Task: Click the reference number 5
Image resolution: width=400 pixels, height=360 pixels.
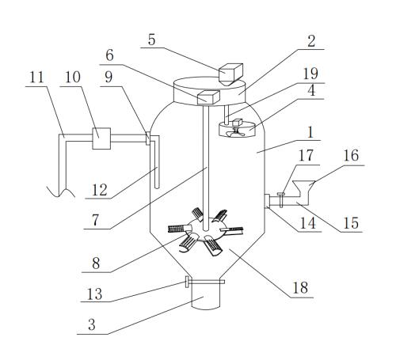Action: (x=151, y=40)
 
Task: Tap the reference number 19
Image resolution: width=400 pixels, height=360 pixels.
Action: (x=310, y=74)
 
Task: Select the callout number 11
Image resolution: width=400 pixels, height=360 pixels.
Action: (x=36, y=78)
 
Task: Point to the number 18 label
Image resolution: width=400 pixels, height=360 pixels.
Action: (x=300, y=288)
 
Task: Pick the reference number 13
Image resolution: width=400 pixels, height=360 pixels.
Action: (x=94, y=294)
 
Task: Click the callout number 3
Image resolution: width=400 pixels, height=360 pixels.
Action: (x=92, y=324)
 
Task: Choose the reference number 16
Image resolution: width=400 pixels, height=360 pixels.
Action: (x=351, y=155)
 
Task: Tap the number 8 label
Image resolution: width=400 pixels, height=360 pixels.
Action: (x=96, y=263)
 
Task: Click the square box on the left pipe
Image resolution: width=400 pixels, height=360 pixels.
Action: (x=101, y=138)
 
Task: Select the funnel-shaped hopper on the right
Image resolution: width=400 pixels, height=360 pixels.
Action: (x=303, y=188)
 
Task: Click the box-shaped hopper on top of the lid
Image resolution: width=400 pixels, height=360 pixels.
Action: (x=230, y=74)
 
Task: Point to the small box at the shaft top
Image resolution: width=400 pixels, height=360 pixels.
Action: (x=208, y=97)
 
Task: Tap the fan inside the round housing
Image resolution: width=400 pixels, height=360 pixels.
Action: (x=236, y=132)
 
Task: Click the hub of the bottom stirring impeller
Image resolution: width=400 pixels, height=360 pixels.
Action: (x=205, y=229)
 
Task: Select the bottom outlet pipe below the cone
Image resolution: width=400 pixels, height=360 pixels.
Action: (x=206, y=296)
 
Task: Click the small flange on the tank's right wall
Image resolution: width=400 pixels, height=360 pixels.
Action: (x=266, y=201)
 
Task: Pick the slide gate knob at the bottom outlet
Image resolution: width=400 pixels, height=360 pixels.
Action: (x=187, y=282)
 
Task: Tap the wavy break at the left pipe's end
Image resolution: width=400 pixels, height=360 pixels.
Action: (x=61, y=191)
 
